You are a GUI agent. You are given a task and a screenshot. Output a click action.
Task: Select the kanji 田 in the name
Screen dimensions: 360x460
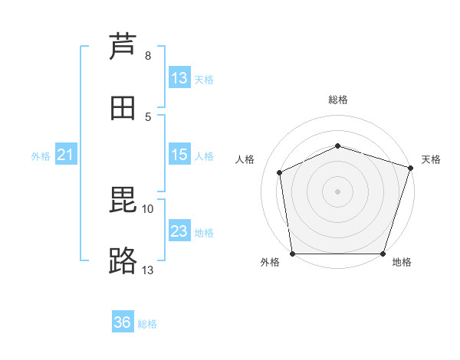coord(123,108)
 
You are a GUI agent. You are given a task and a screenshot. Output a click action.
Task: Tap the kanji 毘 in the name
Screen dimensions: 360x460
coord(123,201)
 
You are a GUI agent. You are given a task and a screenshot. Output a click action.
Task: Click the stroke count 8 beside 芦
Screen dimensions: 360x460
coord(147,56)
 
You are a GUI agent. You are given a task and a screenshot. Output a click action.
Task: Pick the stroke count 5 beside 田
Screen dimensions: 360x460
coord(147,116)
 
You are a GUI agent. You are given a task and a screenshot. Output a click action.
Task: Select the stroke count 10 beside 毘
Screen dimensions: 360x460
coord(148,208)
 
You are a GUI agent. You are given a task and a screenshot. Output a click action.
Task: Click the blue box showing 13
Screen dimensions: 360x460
coord(179,78)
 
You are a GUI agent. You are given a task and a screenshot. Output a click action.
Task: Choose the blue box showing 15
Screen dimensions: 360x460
coord(179,155)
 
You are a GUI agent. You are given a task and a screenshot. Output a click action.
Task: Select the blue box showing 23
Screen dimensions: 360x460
coord(179,231)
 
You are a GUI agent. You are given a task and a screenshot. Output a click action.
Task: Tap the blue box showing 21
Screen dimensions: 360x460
coord(65,155)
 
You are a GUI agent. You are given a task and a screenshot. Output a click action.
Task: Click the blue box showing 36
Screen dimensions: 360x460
coord(123,322)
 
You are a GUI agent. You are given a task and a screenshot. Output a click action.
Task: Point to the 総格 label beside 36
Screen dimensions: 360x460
coord(147,324)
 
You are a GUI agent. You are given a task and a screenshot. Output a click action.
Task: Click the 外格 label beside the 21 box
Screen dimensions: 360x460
coord(41,156)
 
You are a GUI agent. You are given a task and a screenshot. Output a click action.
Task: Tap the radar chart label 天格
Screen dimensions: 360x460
coord(431,159)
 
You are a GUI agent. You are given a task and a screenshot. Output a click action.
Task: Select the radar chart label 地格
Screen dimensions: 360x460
coord(402,262)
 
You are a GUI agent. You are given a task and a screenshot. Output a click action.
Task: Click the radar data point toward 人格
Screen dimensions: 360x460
coord(280,172)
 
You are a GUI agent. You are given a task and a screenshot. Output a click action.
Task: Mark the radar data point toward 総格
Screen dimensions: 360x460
coord(337,145)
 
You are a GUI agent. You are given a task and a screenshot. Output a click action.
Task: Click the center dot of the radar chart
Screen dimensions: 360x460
coord(337,191)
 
